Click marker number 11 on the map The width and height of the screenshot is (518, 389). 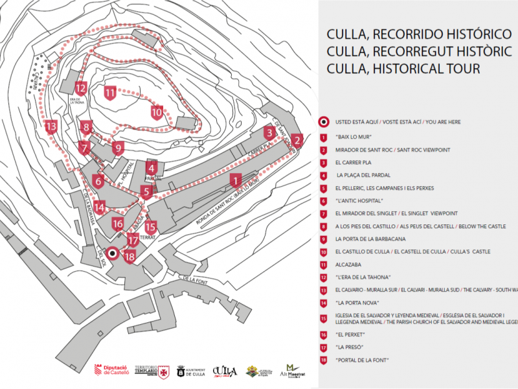110,93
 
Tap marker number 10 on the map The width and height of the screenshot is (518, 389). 156,112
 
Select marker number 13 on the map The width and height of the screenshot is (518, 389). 51,126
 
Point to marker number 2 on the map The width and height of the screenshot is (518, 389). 297,140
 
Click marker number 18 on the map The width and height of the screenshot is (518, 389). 129,257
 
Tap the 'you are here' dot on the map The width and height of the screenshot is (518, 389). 113,253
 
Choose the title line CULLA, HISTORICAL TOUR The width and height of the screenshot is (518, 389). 403,69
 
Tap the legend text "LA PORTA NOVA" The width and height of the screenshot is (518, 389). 357,302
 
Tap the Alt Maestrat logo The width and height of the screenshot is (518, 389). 294,371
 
